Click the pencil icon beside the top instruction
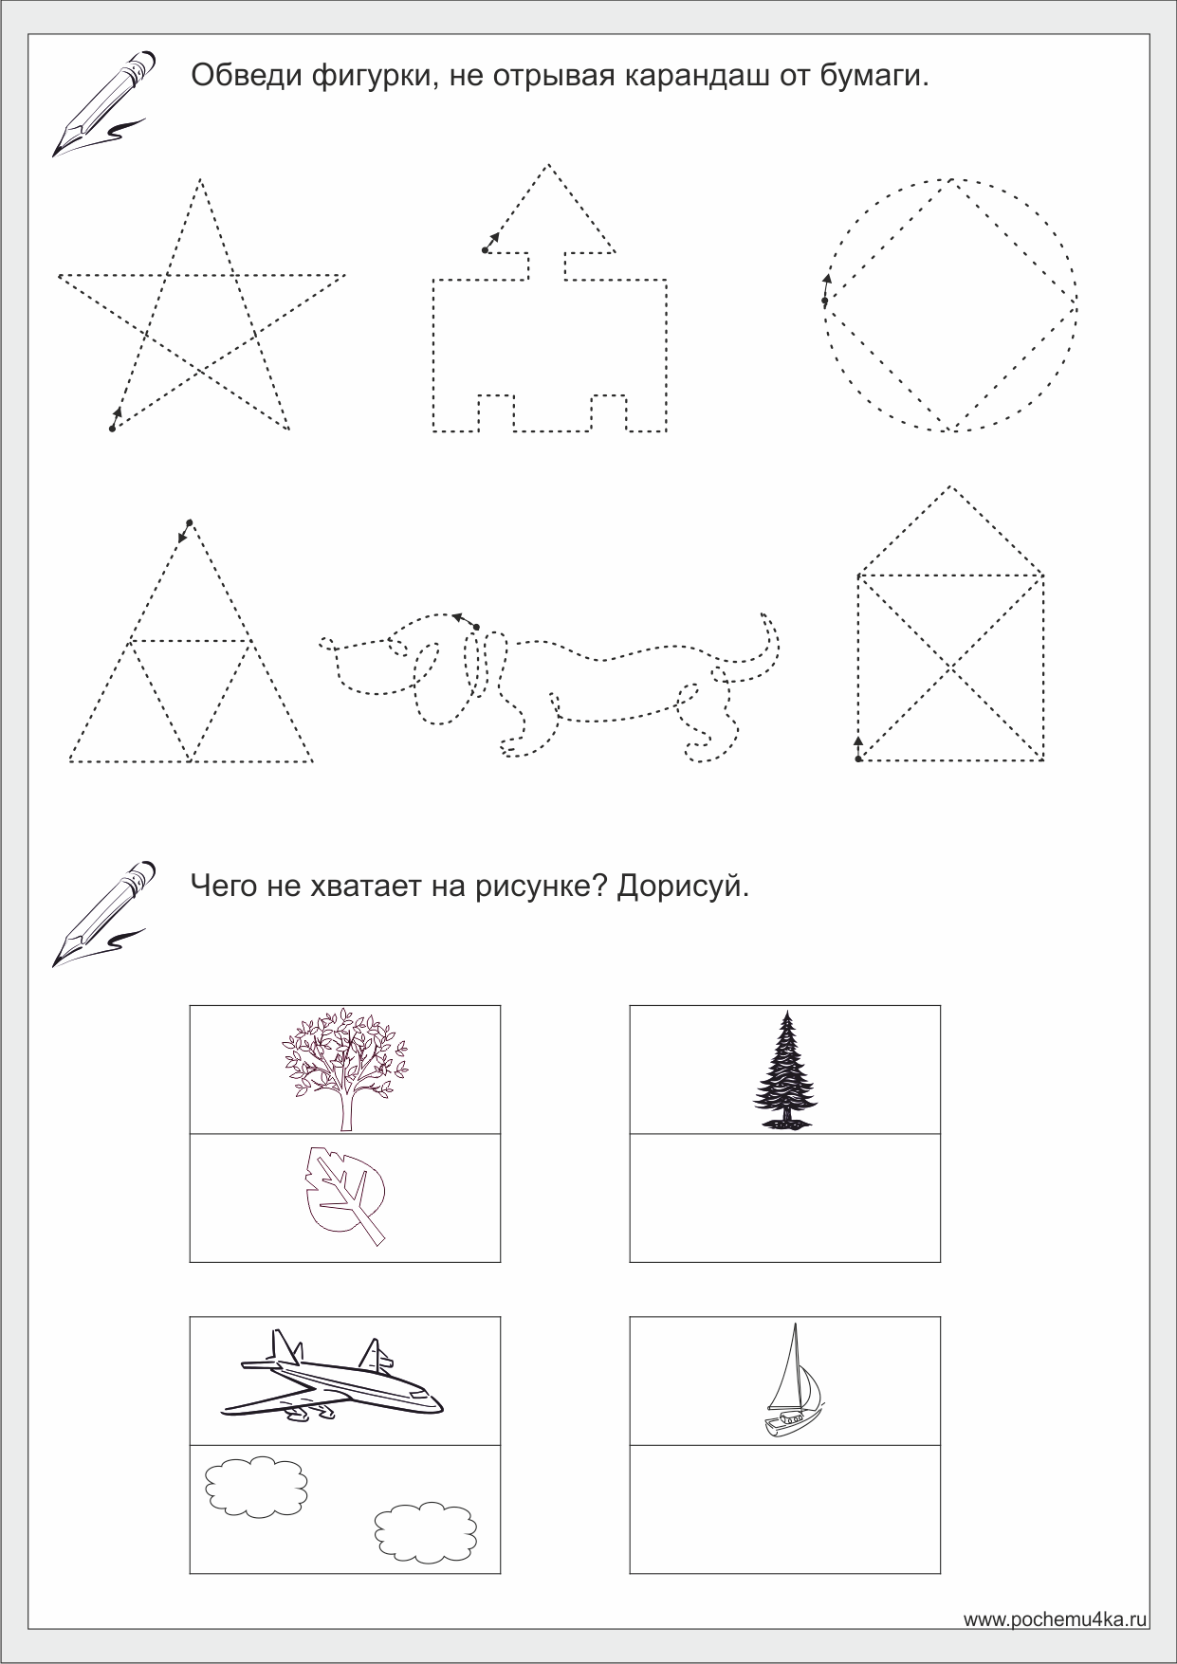(x=103, y=102)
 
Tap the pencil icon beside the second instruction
(x=103, y=912)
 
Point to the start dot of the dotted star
(x=112, y=430)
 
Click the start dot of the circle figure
(x=824, y=302)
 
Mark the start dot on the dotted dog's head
(x=476, y=627)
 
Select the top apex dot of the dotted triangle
(x=190, y=522)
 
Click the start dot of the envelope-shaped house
(x=858, y=759)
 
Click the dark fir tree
(x=785, y=1070)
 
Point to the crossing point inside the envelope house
(x=951, y=667)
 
